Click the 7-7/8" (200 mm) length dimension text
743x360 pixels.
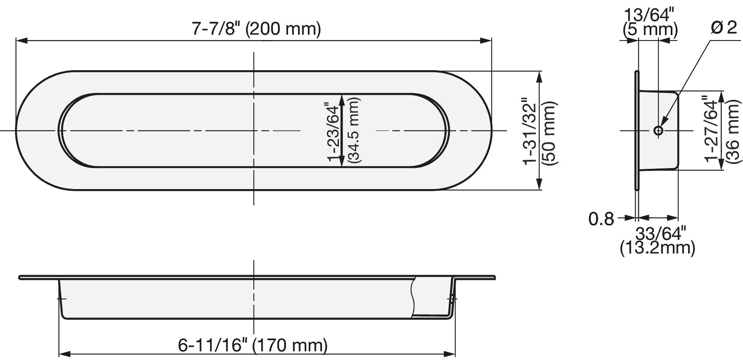point(256,29)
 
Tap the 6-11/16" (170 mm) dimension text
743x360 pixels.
point(253,345)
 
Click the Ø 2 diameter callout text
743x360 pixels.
point(724,28)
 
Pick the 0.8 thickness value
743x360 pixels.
point(601,219)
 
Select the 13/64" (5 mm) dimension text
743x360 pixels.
point(650,22)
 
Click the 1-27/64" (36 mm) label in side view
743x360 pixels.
point(721,130)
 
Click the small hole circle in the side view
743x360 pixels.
point(658,131)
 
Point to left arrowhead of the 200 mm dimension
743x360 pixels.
point(21,40)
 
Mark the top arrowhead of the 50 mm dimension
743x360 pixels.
point(539,76)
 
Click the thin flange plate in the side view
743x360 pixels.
point(637,130)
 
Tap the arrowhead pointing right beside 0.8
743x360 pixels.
point(630,218)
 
